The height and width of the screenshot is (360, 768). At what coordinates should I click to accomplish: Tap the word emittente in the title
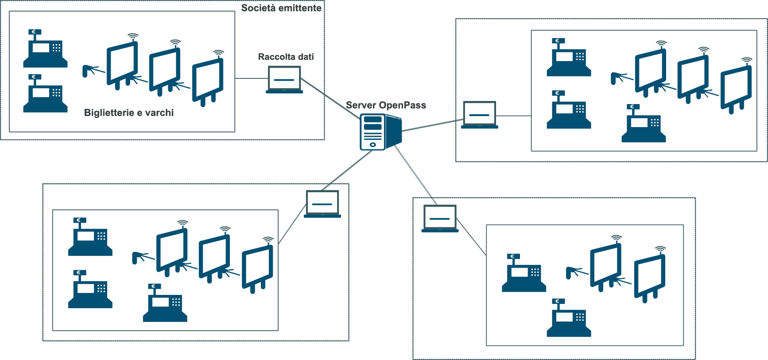(x=300, y=8)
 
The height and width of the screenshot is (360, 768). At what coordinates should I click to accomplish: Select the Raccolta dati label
(x=286, y=57)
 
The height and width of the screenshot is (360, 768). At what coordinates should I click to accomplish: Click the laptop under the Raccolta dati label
(x=284, y=80)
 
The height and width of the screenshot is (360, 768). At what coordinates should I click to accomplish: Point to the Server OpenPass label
(x=386, y=105)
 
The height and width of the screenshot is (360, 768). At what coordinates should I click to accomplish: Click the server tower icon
(x=380, y=132)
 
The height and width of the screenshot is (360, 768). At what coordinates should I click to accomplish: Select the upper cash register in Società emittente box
(x=45, y=49)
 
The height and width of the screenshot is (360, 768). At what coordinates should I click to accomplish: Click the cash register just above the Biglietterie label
(x=45, y=94)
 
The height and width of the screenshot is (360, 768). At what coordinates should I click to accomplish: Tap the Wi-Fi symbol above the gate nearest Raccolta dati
(x=218, y=53)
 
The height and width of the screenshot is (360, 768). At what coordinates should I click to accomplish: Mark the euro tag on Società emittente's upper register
(x=35, y=32)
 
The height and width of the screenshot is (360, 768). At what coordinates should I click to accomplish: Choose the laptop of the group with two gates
(x=440, y=218)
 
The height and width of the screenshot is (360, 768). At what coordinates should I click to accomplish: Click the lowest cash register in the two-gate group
(x=569, y=318)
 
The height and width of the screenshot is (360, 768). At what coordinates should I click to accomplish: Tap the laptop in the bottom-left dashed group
(x=322, y=204)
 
